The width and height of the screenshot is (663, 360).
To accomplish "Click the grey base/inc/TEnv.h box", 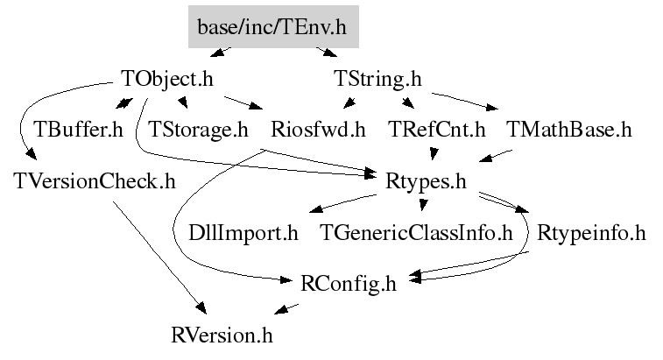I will point(272,28).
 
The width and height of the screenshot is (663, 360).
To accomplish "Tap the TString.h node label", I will point(378,79).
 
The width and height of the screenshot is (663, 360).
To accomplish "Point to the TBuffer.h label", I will point(78,131).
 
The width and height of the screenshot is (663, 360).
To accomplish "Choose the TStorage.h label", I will point(199,131).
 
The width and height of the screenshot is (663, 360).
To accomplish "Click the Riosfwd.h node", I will point(318,131).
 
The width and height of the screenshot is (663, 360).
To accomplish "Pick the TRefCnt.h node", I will point(436,131).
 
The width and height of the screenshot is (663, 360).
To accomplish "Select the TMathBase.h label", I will point(568,131).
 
